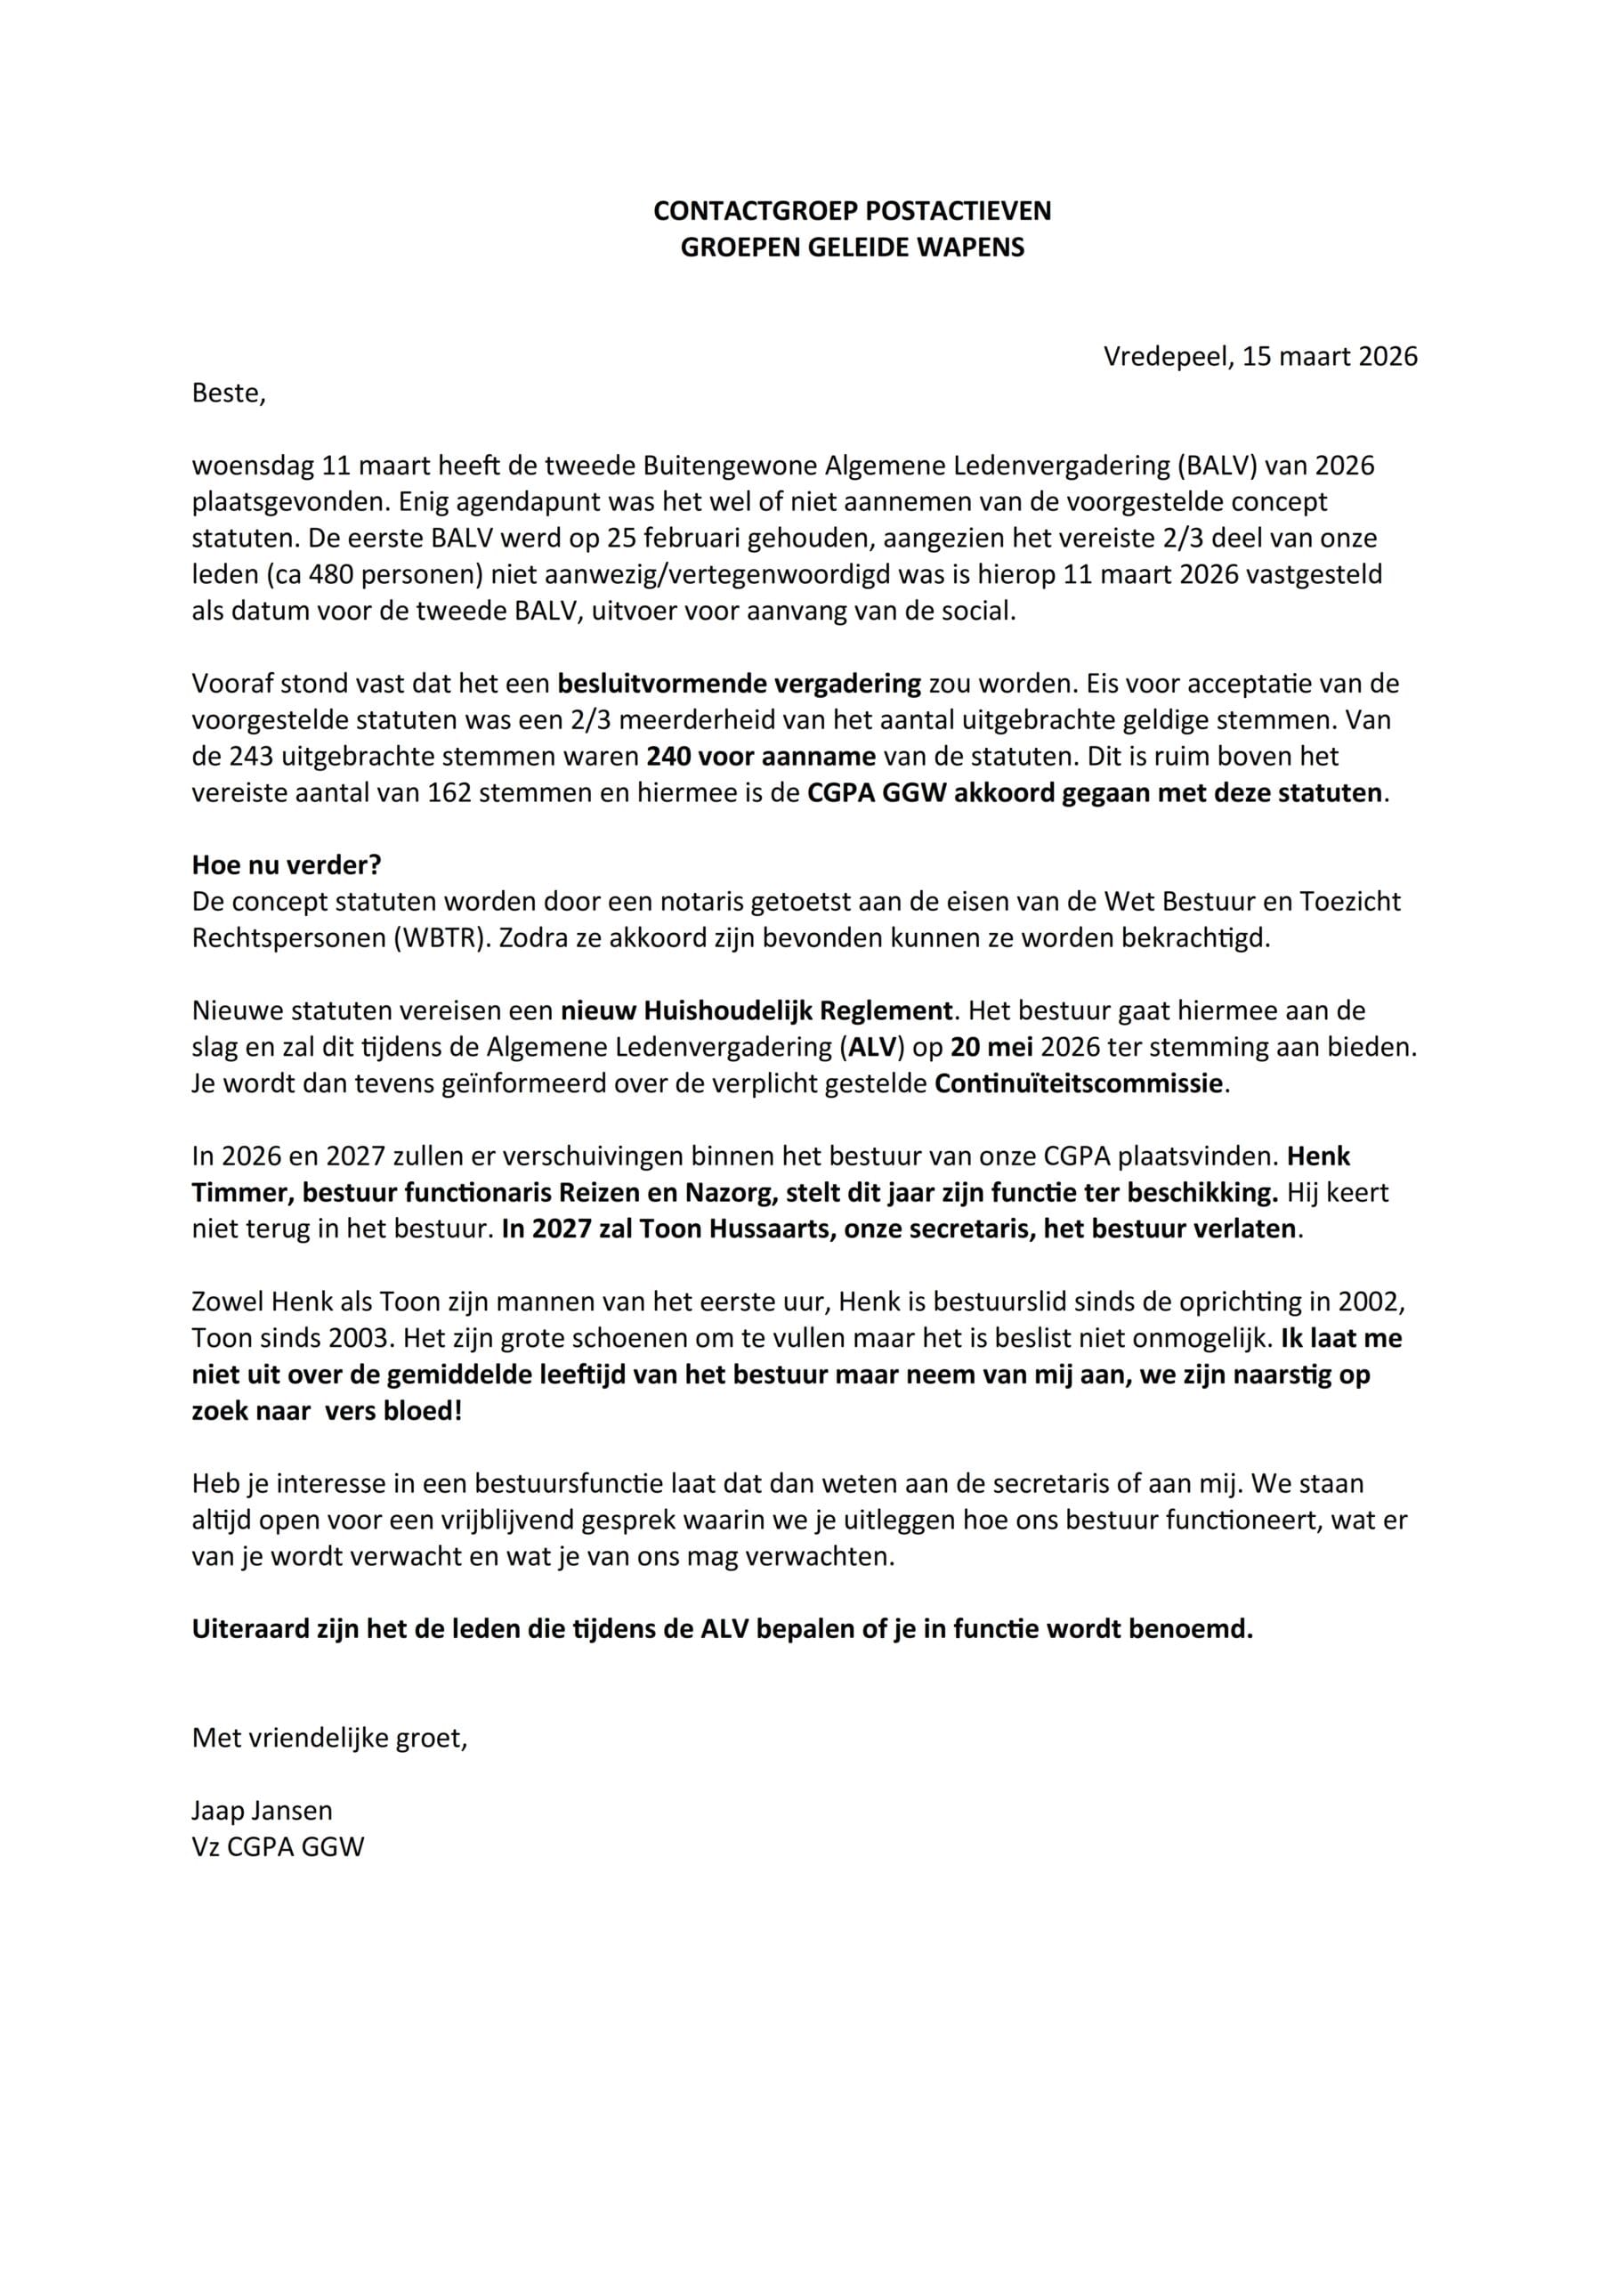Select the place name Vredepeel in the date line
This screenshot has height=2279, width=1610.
pos(1165,356)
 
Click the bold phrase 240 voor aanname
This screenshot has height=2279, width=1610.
pos(761,757)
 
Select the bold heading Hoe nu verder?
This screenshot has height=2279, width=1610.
pos(286,864)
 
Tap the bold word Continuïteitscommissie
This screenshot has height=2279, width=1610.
pos(1079,1083)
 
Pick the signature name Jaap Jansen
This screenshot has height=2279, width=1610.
pos(262,1811)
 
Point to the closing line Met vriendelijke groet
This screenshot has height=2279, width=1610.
pos(328,1738)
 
